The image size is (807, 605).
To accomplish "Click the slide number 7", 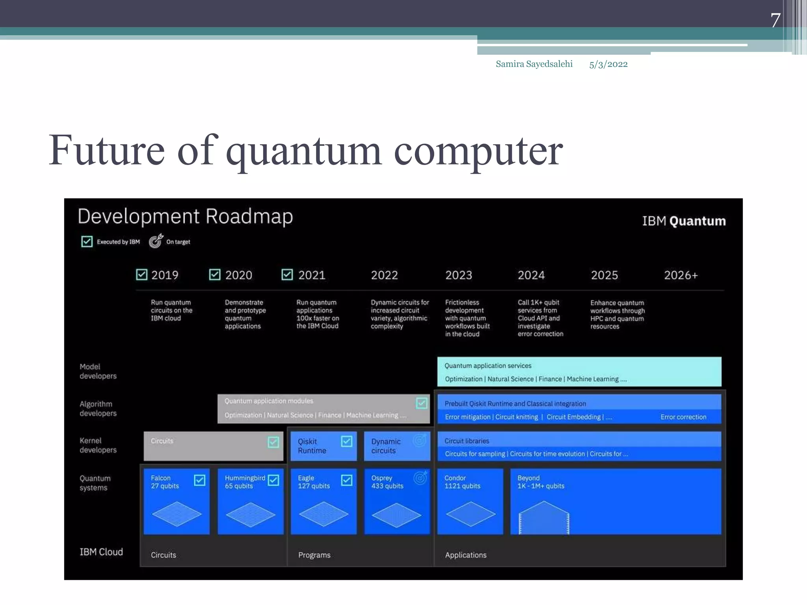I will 775,20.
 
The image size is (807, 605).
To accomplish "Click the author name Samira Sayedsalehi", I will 534,64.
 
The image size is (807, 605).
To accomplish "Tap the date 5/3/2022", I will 608,65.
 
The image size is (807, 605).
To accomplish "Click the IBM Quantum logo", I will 684,221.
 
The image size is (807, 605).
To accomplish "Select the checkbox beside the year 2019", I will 141,275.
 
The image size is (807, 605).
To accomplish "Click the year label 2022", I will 384,275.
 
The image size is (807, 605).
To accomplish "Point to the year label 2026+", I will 681,275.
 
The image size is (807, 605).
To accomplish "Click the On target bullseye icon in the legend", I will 156,241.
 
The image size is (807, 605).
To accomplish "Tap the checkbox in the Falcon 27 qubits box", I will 200,480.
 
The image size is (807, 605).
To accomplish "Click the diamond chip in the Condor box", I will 470,514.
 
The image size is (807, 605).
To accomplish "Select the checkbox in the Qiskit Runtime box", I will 347,442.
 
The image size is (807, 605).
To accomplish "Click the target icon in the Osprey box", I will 420,478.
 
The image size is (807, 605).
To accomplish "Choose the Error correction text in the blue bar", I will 683,417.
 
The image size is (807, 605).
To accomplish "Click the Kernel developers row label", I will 98,445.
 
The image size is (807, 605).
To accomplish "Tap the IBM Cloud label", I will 101,552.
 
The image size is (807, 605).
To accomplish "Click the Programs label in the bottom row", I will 314,555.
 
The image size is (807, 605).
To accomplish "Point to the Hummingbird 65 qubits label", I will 245,482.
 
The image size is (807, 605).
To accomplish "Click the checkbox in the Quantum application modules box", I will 421,403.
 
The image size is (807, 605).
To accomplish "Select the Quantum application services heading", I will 488,366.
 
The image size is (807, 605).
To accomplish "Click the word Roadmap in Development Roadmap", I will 249,217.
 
